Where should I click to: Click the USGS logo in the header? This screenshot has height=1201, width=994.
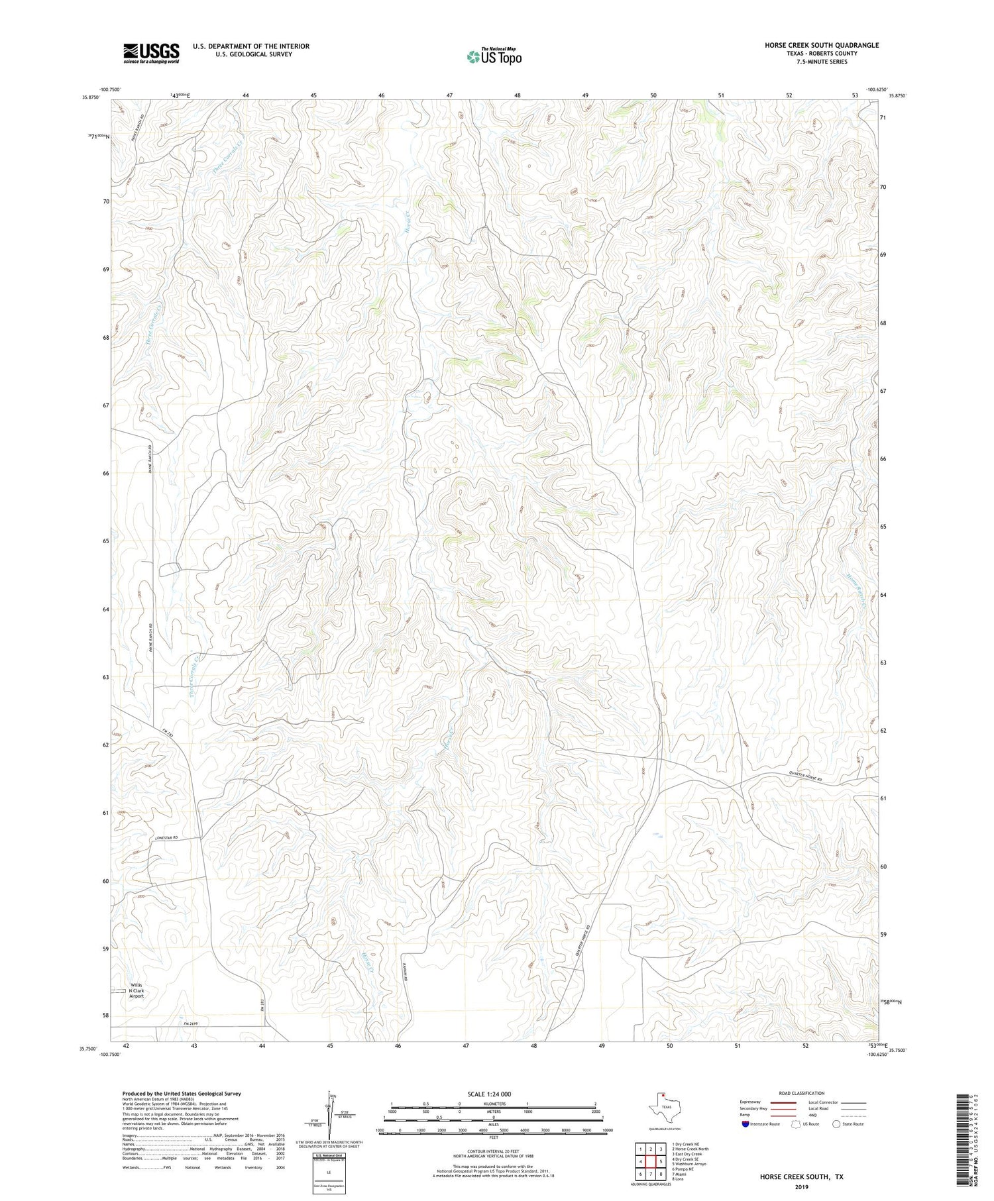coord(151,53)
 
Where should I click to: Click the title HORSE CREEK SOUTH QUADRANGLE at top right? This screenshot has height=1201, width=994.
coord(821,45)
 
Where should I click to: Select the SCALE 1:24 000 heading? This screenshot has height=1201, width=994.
coord(493,1094)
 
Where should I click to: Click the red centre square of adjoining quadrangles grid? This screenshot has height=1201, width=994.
coord(650,1161)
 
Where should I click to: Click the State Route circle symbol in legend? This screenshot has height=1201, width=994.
coord(836,1124)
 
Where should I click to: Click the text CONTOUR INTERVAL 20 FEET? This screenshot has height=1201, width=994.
coord(493,1151)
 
